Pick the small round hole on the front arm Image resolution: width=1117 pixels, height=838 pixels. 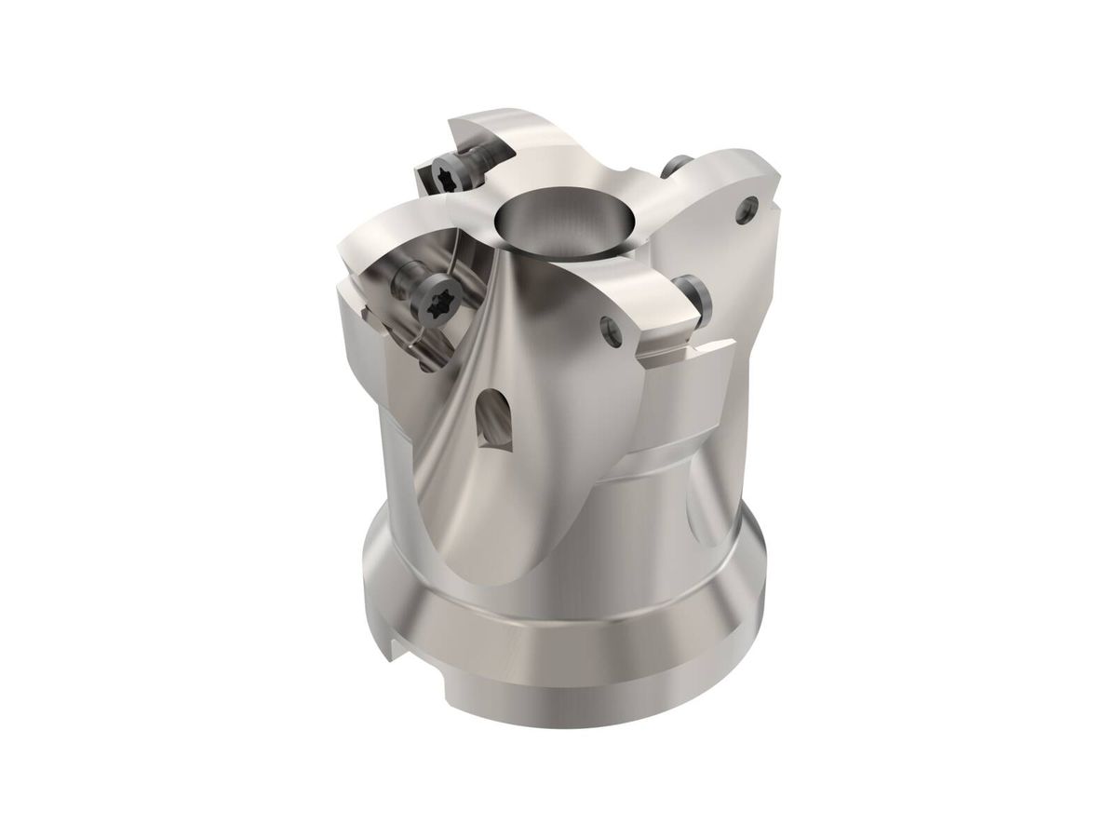coord(611,325)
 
